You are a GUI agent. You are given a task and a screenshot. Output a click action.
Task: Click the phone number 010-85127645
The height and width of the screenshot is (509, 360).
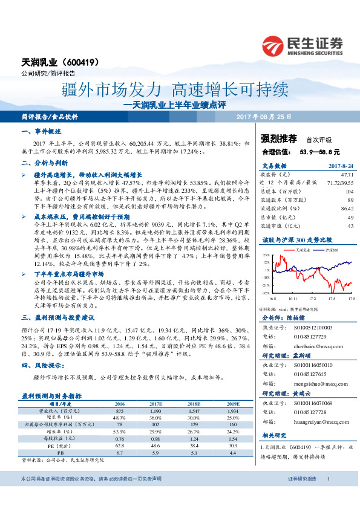(310, 374)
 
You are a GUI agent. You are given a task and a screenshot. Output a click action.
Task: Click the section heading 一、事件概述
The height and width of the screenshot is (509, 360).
(44, 132)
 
